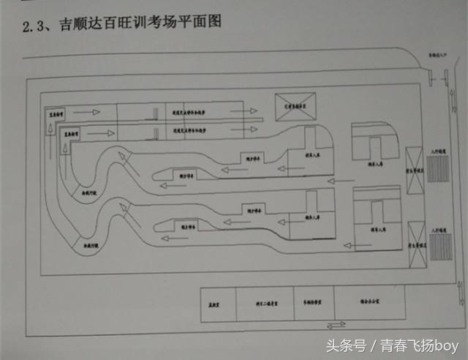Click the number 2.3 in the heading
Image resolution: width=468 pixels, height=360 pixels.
click(34, 27)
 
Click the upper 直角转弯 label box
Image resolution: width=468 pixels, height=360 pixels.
click(58, 114)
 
